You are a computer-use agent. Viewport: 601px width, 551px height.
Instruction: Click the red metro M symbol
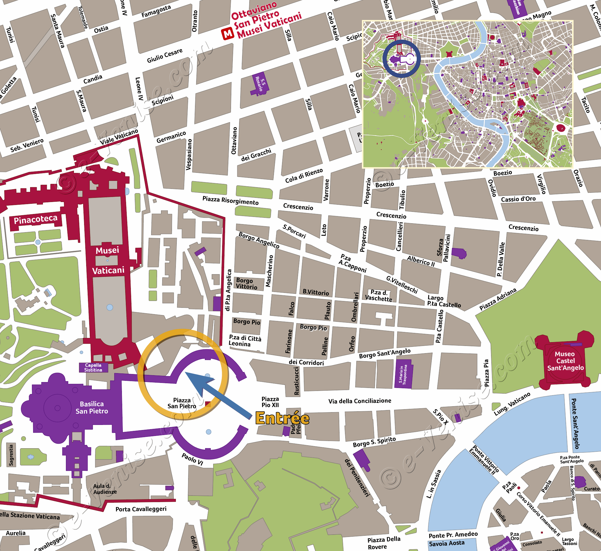[x=228, y=34]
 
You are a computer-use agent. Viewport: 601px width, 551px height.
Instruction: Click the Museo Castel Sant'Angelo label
[x=565, y=361]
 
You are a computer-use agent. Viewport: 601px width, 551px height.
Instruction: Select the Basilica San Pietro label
[x=92, y=407]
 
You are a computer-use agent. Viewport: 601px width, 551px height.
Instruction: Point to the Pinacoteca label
[x=35, y=220]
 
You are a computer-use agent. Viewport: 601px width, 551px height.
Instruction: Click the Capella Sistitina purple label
[x=93, y=367]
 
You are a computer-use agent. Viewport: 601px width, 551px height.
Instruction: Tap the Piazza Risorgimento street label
[x=230, y=200]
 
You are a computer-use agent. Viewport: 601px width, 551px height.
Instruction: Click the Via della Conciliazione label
[x=360, y=401]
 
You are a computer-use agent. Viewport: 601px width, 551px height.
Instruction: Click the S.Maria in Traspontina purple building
[x=403, y=374]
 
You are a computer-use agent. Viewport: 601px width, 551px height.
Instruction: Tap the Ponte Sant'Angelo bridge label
[x=575, y=423]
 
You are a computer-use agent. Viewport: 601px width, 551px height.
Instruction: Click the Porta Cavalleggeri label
[x=141, y=509]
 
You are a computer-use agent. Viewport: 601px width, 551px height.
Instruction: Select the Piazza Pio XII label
[x=270, y=402]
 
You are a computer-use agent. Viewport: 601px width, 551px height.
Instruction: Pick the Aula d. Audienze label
[x=105, y=489]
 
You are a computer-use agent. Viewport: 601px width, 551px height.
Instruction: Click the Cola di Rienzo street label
[x=304, y=176]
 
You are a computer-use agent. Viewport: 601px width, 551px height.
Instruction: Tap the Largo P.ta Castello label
[x=444, y=301]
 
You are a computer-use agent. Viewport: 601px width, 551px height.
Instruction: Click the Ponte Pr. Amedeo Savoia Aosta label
[x=453, y=539]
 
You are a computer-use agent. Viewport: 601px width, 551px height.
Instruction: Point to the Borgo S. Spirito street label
[x=374, y=442]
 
